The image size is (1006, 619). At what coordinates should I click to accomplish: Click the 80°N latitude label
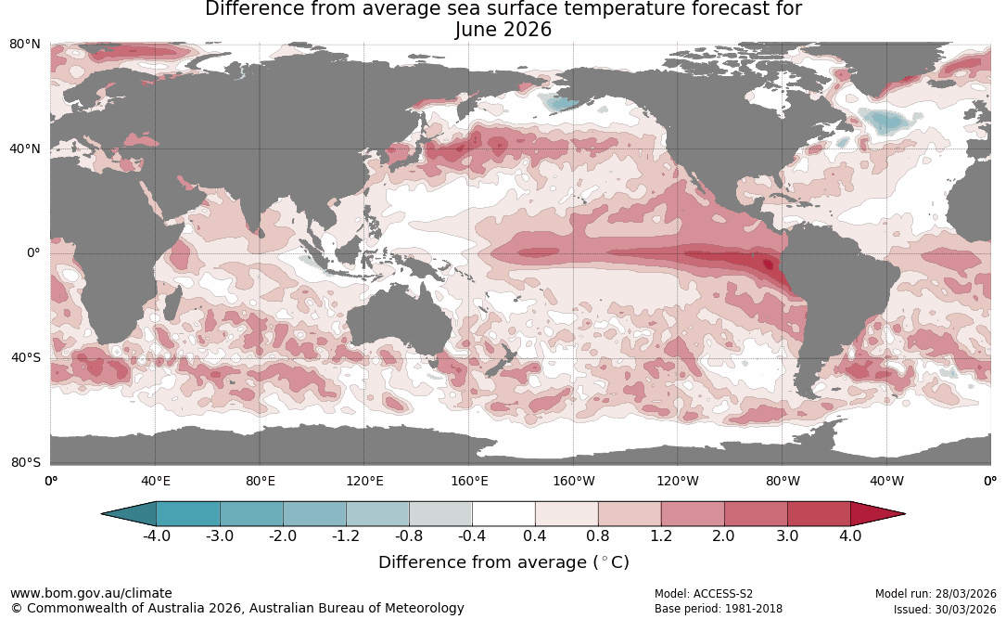25,44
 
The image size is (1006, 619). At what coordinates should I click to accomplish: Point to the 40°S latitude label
25,357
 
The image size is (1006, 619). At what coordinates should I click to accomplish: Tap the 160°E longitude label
469,481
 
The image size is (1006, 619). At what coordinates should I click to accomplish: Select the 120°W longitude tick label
678,481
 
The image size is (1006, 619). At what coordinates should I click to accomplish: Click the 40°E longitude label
155,481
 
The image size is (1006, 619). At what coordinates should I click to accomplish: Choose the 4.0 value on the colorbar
850,536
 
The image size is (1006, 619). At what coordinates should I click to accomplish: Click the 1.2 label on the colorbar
661,536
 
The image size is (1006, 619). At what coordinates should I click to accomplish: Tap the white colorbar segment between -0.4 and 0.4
503,513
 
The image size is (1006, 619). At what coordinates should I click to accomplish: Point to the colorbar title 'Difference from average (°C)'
503,562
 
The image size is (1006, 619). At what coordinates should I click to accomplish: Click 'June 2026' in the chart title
503,30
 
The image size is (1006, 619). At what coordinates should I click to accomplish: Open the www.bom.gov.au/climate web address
91,593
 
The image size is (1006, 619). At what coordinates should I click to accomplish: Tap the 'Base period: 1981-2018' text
718,609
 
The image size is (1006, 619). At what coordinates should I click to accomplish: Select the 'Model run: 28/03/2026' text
936,594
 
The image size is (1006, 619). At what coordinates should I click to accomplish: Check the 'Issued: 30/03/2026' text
945,609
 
